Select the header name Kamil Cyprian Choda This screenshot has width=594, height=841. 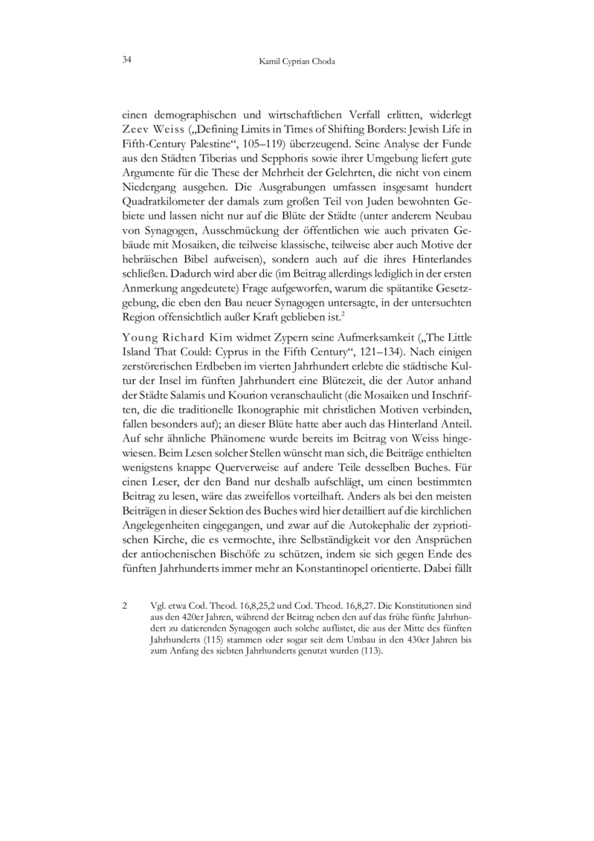click(297, 61)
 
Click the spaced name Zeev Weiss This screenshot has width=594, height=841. click(150, 130)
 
